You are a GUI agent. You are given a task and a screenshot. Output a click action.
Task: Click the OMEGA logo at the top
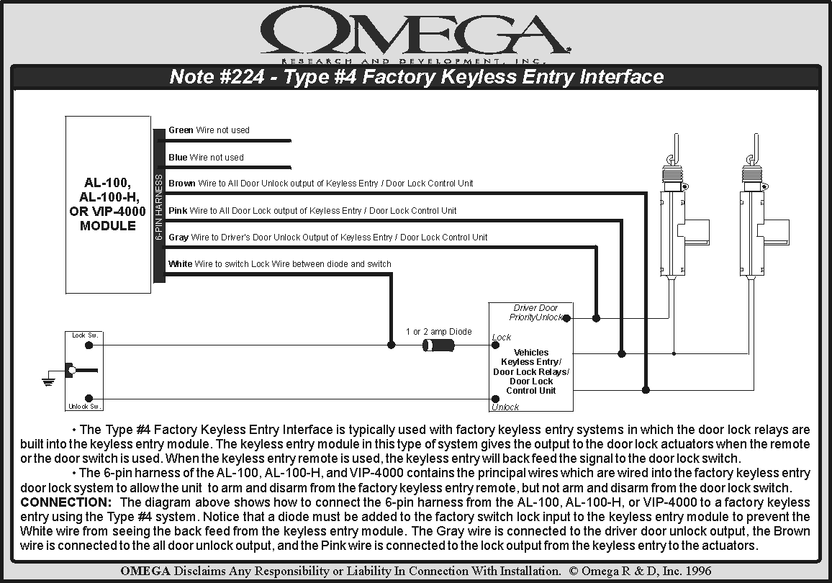(x=415, y=32)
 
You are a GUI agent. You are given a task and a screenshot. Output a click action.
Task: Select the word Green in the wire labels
(x=181, y=130)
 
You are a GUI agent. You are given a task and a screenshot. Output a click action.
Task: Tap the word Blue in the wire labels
(x=178, y=158)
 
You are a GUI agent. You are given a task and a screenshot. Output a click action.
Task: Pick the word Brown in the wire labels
(x=182, y=184)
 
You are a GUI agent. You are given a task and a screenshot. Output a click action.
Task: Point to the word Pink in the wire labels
(x=178, y=211)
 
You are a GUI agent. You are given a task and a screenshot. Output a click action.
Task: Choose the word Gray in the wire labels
(x=178, y=238)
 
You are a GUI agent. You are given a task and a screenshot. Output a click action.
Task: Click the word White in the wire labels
(x=181, y=264)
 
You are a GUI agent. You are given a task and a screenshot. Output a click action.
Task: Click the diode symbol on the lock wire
(x=438, y=345)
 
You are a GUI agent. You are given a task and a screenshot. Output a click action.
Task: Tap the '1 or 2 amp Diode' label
(x=438, y=332)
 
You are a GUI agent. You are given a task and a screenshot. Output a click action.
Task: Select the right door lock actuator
(x=757, y=216)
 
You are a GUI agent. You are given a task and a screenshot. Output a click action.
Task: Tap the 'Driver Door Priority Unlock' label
(x=535, y=312)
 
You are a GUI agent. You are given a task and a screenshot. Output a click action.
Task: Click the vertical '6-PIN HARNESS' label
(x=159, y=207)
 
